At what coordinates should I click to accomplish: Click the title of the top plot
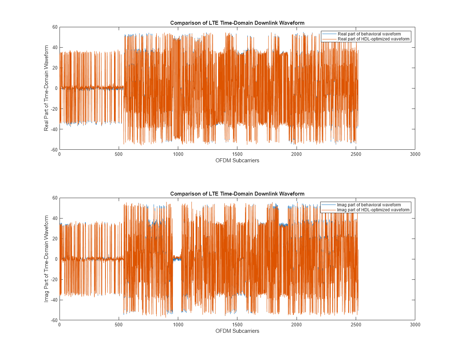237,23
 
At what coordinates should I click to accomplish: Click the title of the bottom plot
237,194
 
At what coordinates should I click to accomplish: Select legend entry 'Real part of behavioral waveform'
369,34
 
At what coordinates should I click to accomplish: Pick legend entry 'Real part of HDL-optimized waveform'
373,39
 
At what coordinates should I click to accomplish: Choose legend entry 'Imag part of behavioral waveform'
369,205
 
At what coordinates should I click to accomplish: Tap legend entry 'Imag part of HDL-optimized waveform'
373,210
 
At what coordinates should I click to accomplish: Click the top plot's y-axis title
46,88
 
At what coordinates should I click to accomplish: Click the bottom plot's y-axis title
46,259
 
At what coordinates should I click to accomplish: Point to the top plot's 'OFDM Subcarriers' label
237,160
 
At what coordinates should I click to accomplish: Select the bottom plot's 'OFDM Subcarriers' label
237,331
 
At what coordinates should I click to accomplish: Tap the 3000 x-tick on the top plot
415,154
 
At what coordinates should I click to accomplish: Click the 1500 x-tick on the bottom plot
237,325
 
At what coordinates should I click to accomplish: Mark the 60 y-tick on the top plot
55,27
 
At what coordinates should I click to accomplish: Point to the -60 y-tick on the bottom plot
54,320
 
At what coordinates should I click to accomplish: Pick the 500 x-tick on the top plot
119,154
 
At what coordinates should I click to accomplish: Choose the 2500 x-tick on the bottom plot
356,325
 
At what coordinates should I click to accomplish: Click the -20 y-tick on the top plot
54,109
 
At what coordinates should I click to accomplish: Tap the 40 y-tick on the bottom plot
55,218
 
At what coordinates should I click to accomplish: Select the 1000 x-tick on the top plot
178,154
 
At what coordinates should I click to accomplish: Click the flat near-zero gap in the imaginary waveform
177,258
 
